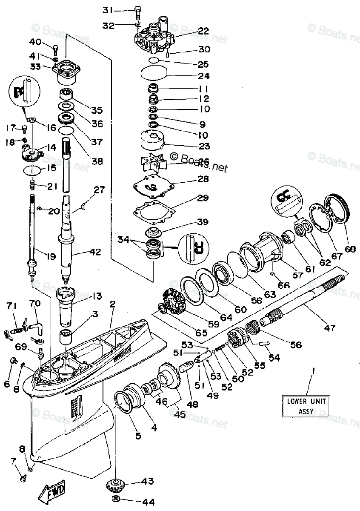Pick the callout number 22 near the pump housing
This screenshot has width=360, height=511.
pyautogui.click(x=203, y=30)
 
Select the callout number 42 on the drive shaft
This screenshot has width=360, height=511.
pyautogui.click(x=95, y=252)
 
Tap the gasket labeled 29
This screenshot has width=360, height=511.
pyautogui.click(x=154, y=213)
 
